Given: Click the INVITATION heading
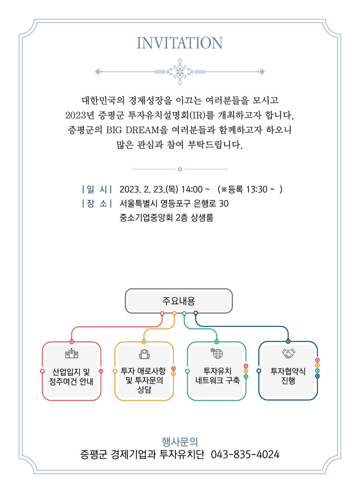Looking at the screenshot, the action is pyautogui.click(x=180, y=43).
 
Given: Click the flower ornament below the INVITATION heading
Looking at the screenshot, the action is pyautogui.click(x=180, y=72).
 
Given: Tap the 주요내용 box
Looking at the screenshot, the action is pyautogui.click(x=179, y=301).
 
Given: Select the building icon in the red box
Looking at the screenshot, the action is pyautogui.click(x=72, y=353).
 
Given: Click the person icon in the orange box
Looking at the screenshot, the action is pyautogui.click(x=144, y=354).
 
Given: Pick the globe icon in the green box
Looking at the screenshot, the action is pyautogui.click(x=217, y=353).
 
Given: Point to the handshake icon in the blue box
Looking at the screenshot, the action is pyautogui.click(x=288, y=354).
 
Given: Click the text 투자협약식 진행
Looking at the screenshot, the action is pyautogui.click(x=288, y=376).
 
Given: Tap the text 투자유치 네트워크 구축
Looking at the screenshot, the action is pyautogui.click(x=217, y=376).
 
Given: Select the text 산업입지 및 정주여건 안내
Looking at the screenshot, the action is pyautogui.click(x=71, y=377).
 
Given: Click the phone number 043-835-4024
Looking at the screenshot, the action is pyautogui.click(x=245, y=454).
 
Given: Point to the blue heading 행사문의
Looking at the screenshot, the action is pyautogui.click(x=180, y=442).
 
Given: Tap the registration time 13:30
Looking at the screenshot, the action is pyautogui.click(x=257, y=189).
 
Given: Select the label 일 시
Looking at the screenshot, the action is pyautogui.click(x=97, y=189).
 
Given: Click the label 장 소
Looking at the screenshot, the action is pyautogui.click(x=97, y=203).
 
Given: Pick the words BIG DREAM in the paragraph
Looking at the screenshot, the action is pyautogui.click(x=133, y=130).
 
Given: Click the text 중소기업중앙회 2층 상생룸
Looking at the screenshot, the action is pyautogui.click(x=166, y=218).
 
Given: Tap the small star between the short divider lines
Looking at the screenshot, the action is pyautogui.click(x=180, y=169).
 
